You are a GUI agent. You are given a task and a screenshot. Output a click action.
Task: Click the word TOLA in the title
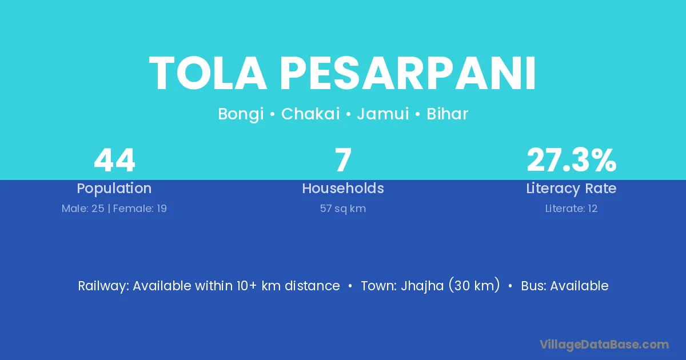click(208, 73)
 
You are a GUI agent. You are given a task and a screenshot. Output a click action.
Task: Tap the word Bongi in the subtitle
click(241, 114)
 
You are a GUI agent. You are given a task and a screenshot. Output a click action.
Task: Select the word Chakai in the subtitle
click(310, 114)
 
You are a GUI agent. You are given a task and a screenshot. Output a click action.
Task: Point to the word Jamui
click(383, 114)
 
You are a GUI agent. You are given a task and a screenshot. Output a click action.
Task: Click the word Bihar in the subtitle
click(448, 114)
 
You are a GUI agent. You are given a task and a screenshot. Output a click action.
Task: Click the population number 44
click(114, 160)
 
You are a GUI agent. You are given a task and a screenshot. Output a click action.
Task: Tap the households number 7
click(343, 160)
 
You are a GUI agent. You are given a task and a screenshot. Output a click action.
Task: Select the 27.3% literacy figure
click(572, 160)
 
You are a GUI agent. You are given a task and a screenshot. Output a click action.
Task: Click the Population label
click(114, 189)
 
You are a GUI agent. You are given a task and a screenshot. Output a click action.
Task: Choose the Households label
click(343, 188)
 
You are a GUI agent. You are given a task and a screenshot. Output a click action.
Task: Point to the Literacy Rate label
click(571, 189)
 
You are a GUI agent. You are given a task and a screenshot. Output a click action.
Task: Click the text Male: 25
click(83, 209)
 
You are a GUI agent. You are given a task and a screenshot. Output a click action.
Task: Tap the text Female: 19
click(140, 209)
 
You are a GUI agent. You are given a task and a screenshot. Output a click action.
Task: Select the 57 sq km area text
click(343, 209)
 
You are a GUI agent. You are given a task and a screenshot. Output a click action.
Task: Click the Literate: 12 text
click(571, 209)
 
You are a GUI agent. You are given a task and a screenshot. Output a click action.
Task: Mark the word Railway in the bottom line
click(103, 286)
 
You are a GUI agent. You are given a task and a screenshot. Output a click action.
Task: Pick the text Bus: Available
click(565, 286)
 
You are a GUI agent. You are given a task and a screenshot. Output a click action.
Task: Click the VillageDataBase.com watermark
click(604, 345)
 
